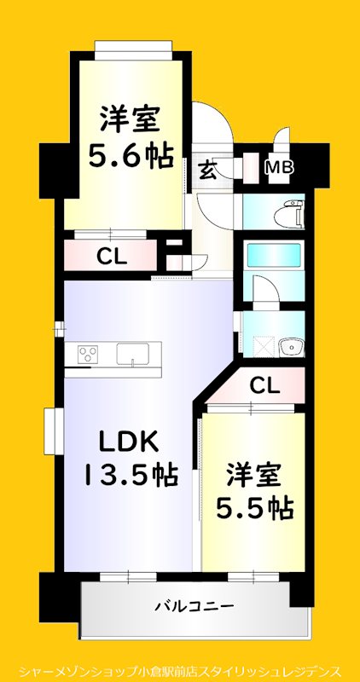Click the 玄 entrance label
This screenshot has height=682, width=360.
(x=207, y=169)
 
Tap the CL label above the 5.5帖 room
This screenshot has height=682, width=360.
(x=264, y=386)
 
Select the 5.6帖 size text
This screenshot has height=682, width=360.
(x=131, y=155)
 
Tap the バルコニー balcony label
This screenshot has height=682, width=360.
(x=194, y=607)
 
